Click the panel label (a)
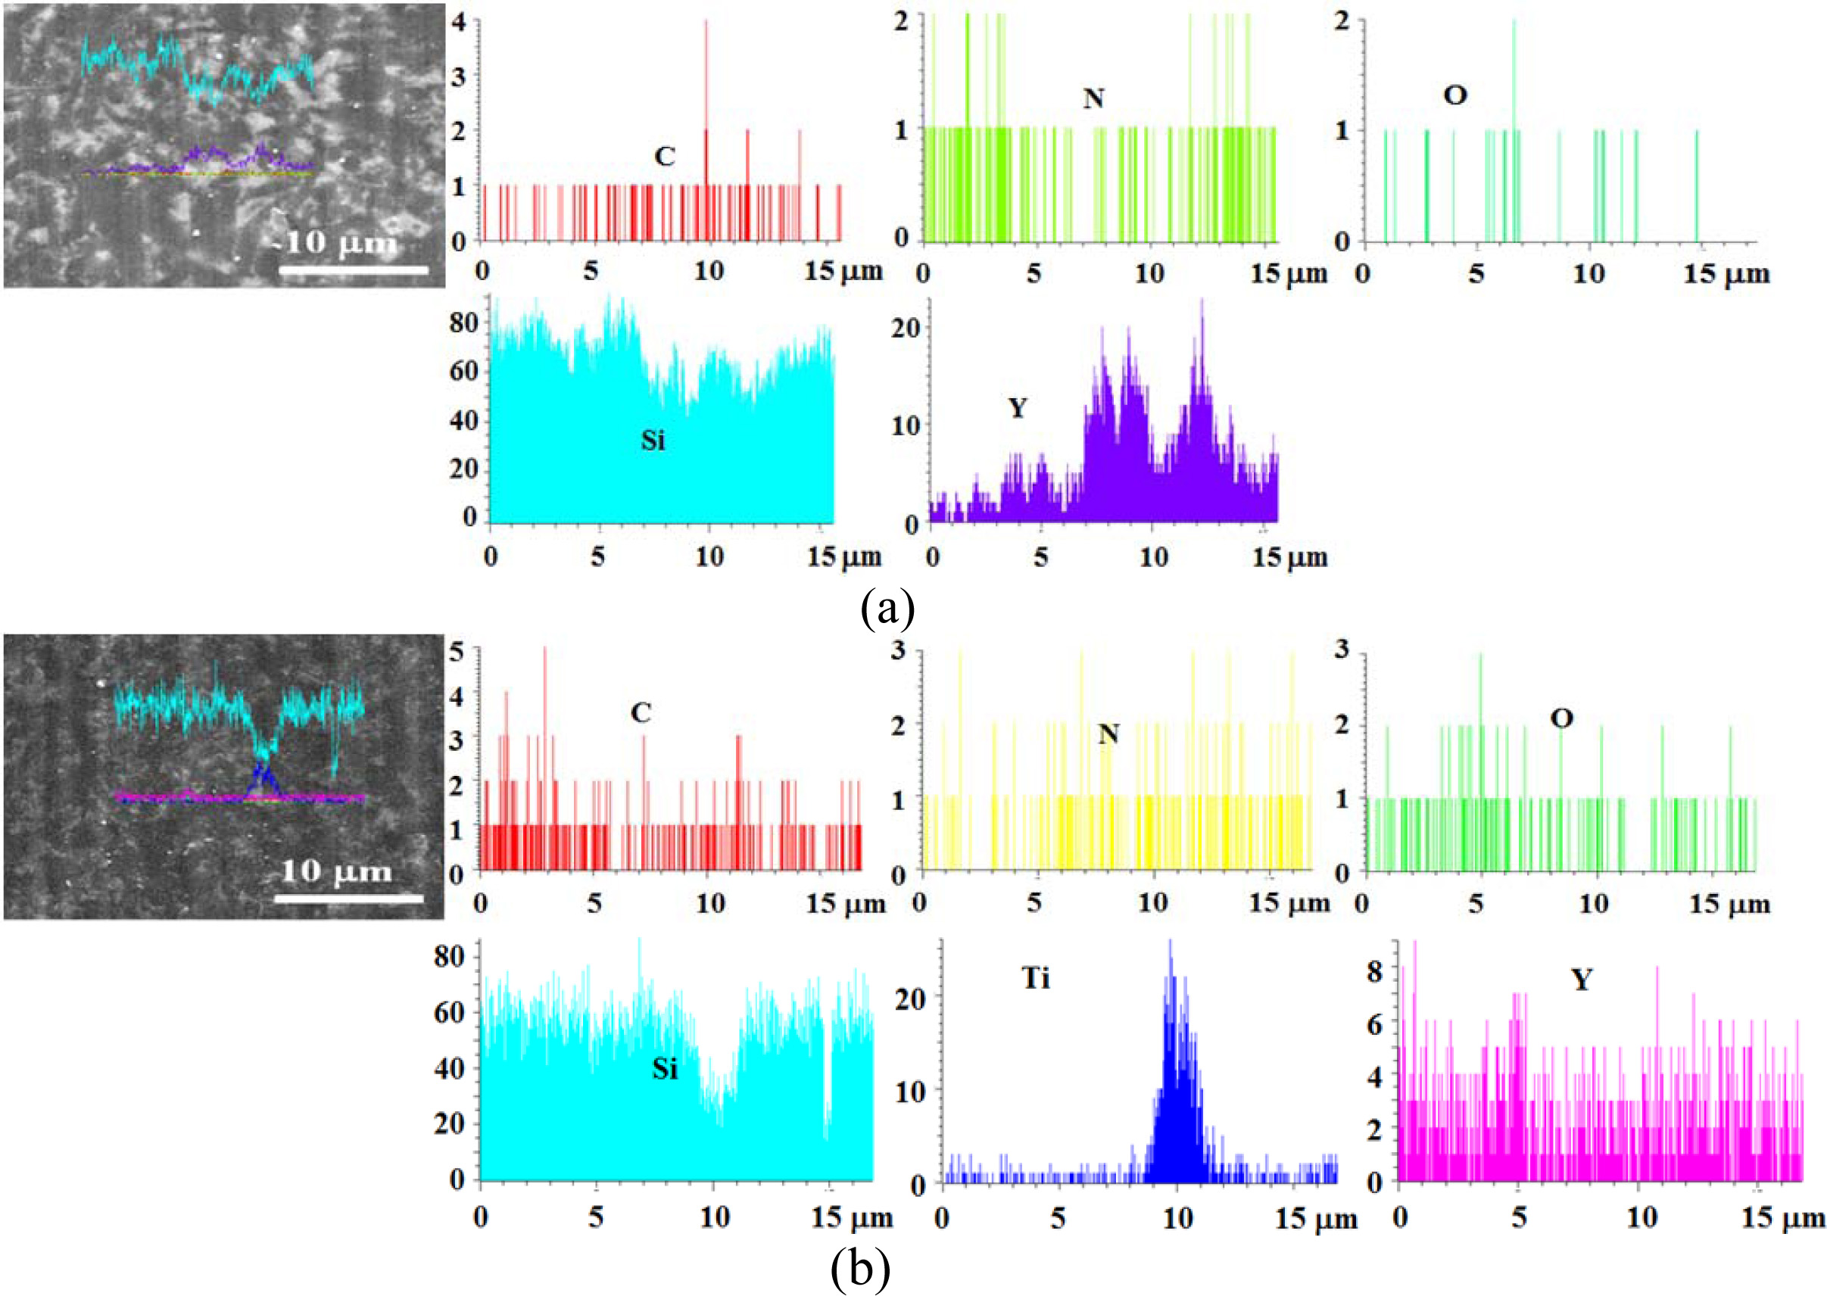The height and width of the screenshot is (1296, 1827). click(887, 609)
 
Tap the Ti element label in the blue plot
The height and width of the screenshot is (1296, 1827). click(1035, 977)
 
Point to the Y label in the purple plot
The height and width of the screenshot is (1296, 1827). click(1017, 409)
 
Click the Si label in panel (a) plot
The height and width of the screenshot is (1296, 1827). click(652, 441)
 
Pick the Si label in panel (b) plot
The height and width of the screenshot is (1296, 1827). click(664, 1069)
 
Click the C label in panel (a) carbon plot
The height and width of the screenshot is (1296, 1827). click(664, 157)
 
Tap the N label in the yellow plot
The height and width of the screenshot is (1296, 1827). click(1108, 734)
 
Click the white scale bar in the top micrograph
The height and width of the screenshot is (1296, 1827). click(354, 271)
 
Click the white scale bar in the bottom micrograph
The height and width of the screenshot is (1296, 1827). click(349, 899)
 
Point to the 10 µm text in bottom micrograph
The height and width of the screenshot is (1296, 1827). click(336, 871)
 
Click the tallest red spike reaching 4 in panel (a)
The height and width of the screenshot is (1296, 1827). click(706, 24)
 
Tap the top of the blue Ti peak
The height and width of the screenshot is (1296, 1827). click(1170, 943)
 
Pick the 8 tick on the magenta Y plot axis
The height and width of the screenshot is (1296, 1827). click(1374, 972)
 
